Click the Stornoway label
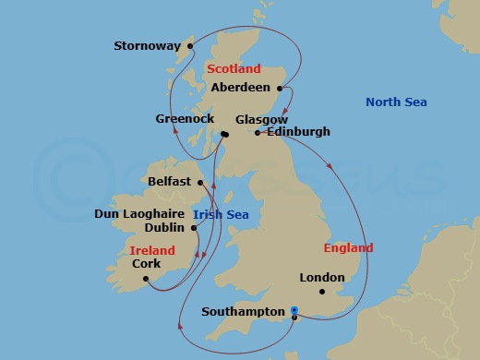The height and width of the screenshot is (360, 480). (x=148, y=44)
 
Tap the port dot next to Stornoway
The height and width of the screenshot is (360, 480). (x=190, y=44)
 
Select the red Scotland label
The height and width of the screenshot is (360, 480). (x=234, y=69)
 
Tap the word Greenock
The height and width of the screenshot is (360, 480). (x=184, y=119)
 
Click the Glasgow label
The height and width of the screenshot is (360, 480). (x=262, y=120)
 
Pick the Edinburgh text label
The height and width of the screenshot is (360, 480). (x=297, y=133)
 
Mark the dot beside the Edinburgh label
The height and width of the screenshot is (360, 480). (x=258, y=133)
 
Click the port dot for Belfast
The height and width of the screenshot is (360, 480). (x=200, y=183)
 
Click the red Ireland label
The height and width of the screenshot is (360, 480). (x=151, y=249)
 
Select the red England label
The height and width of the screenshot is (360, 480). (x=349, y=248)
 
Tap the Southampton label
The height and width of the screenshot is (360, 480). (x=243, y=312)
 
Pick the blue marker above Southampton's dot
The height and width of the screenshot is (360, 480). (x=294, y=309)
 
